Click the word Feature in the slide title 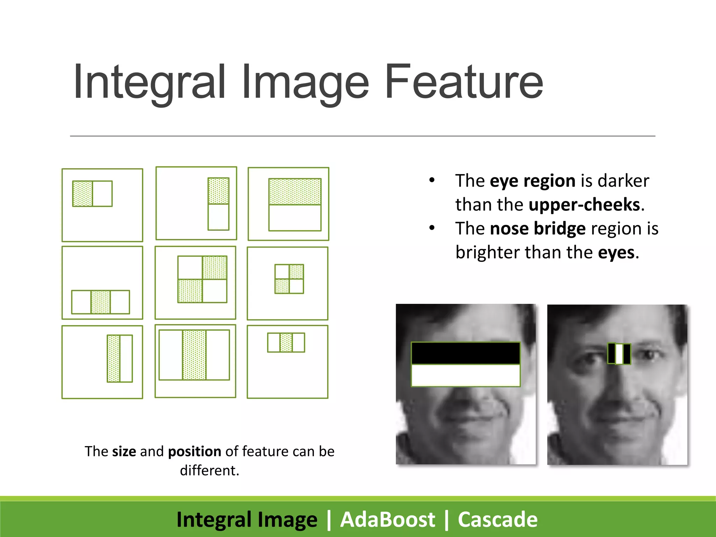tap(464, 82)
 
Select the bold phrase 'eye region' tap(532, 181)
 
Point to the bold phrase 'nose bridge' tap(538, 229)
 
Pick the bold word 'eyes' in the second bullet tap(616, 252)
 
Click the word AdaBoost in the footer tap(387, 520)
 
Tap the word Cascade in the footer tap(497, 520)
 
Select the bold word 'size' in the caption tap(124, 451)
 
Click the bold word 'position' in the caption tap(194, 451)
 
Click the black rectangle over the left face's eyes tap(465, 353)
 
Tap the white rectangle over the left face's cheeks tap(465, 375)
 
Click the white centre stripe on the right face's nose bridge tap(619, 354)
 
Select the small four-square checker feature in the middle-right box tap(289, 279)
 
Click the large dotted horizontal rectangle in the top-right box tap(295, 192)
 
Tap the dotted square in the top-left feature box tap(83, 194)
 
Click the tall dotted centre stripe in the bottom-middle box tap(194, 355)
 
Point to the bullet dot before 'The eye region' tap(432, 180)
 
